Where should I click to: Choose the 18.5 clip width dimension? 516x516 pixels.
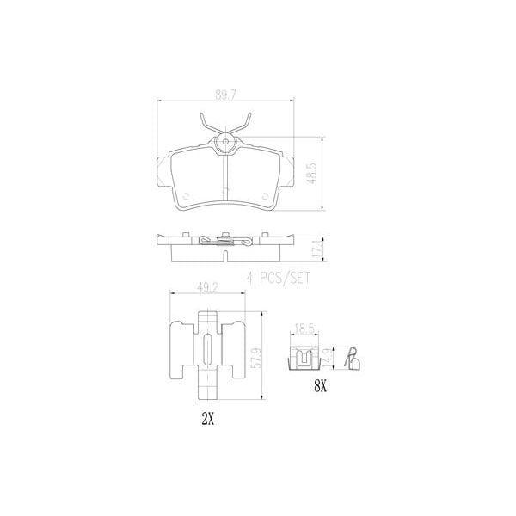pyautogui.click(x=303, y=329)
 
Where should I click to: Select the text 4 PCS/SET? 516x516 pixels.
pyautogui.click(x=277, y=277)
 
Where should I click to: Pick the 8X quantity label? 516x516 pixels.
pyautogui.click(x=320, y=388)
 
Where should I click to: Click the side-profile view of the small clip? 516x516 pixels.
pyautogui.click(x=351, y=354)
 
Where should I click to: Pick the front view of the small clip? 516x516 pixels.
pyautogui.click(x=303, y=355)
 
